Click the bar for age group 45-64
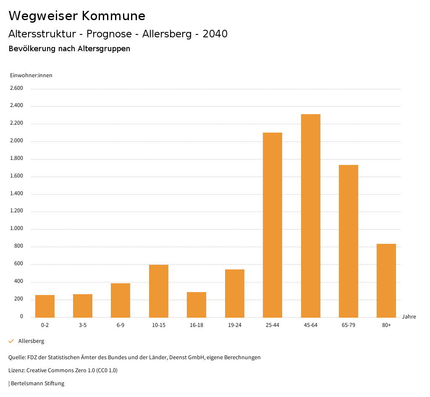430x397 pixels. point(310,216)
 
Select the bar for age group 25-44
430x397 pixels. point(273,225)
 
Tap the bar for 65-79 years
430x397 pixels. point(349,241)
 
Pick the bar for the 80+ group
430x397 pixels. point(386,280)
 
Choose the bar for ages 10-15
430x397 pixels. point(159,291)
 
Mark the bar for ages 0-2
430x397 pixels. point(45,306)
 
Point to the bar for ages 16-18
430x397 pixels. point(197,304)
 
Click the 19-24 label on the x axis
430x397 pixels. point(234,325)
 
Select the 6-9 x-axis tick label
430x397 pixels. point(121,325)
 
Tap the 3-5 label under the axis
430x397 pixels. point(83,325)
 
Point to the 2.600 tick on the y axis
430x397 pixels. point(16,88)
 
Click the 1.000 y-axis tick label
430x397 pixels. point(16,229)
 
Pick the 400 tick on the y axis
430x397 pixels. point(18,282)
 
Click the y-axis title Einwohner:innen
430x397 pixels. point(31,76)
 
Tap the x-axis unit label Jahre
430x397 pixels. point(409,317)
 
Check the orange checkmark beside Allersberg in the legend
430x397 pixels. point(11,341)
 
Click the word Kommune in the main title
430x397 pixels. point(113,16)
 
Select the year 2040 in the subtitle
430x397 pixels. point(215,34)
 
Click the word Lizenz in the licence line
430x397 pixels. point(16,371)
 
